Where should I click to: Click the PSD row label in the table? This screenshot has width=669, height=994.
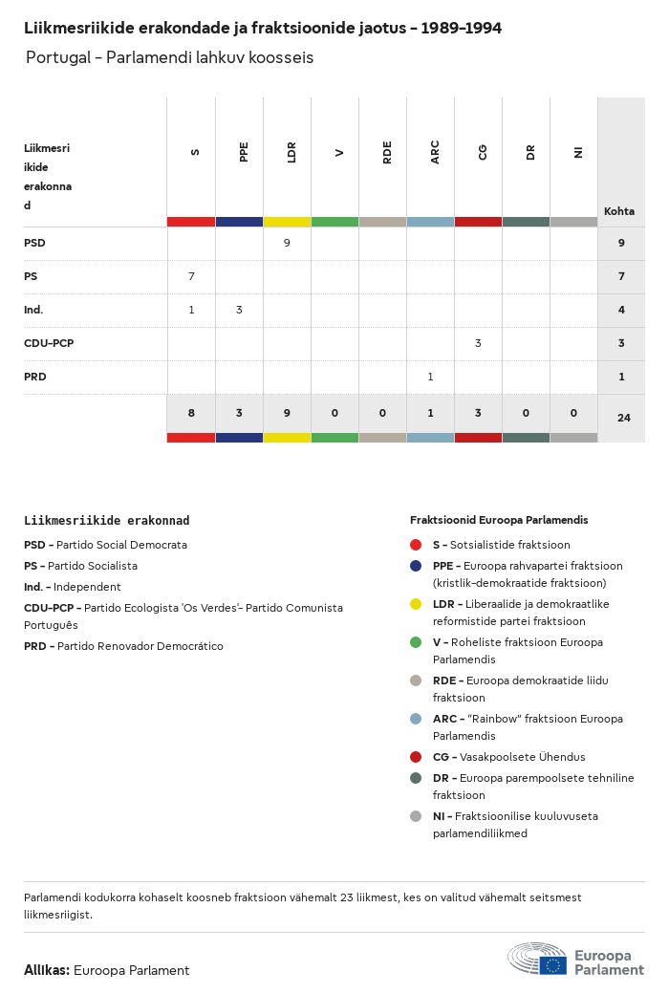click(34, 243)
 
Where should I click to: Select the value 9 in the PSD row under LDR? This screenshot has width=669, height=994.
click(287, 243)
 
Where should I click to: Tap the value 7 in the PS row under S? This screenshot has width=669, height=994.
click(191, 276)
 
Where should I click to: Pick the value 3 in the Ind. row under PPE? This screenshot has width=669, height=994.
click(239, 310)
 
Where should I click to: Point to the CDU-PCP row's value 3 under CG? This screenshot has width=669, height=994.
click(478, 343)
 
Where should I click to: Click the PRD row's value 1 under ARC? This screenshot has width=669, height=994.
click(430, 377)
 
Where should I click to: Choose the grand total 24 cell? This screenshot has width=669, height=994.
click(623, 418)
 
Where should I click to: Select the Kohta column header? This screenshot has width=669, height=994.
click(619, 211)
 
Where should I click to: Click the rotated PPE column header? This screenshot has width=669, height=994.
click(244, 151)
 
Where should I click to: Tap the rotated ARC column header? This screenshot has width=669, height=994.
click(435, 153)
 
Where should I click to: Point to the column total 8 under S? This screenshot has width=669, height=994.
click(191, 414)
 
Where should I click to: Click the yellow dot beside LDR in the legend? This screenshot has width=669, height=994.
click(416, 604)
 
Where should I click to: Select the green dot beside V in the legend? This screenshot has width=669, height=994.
click(416, 642)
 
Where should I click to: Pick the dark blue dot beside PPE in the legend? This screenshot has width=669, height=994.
click(416, 566)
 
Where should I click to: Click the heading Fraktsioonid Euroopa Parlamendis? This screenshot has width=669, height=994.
click(499, 520)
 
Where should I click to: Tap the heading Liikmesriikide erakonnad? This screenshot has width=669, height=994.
click(106, 521)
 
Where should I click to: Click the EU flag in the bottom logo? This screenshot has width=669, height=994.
click(552, 964)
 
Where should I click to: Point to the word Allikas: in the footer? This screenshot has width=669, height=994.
click(47, 970)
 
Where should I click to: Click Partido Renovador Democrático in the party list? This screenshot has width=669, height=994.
click(140, 646)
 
